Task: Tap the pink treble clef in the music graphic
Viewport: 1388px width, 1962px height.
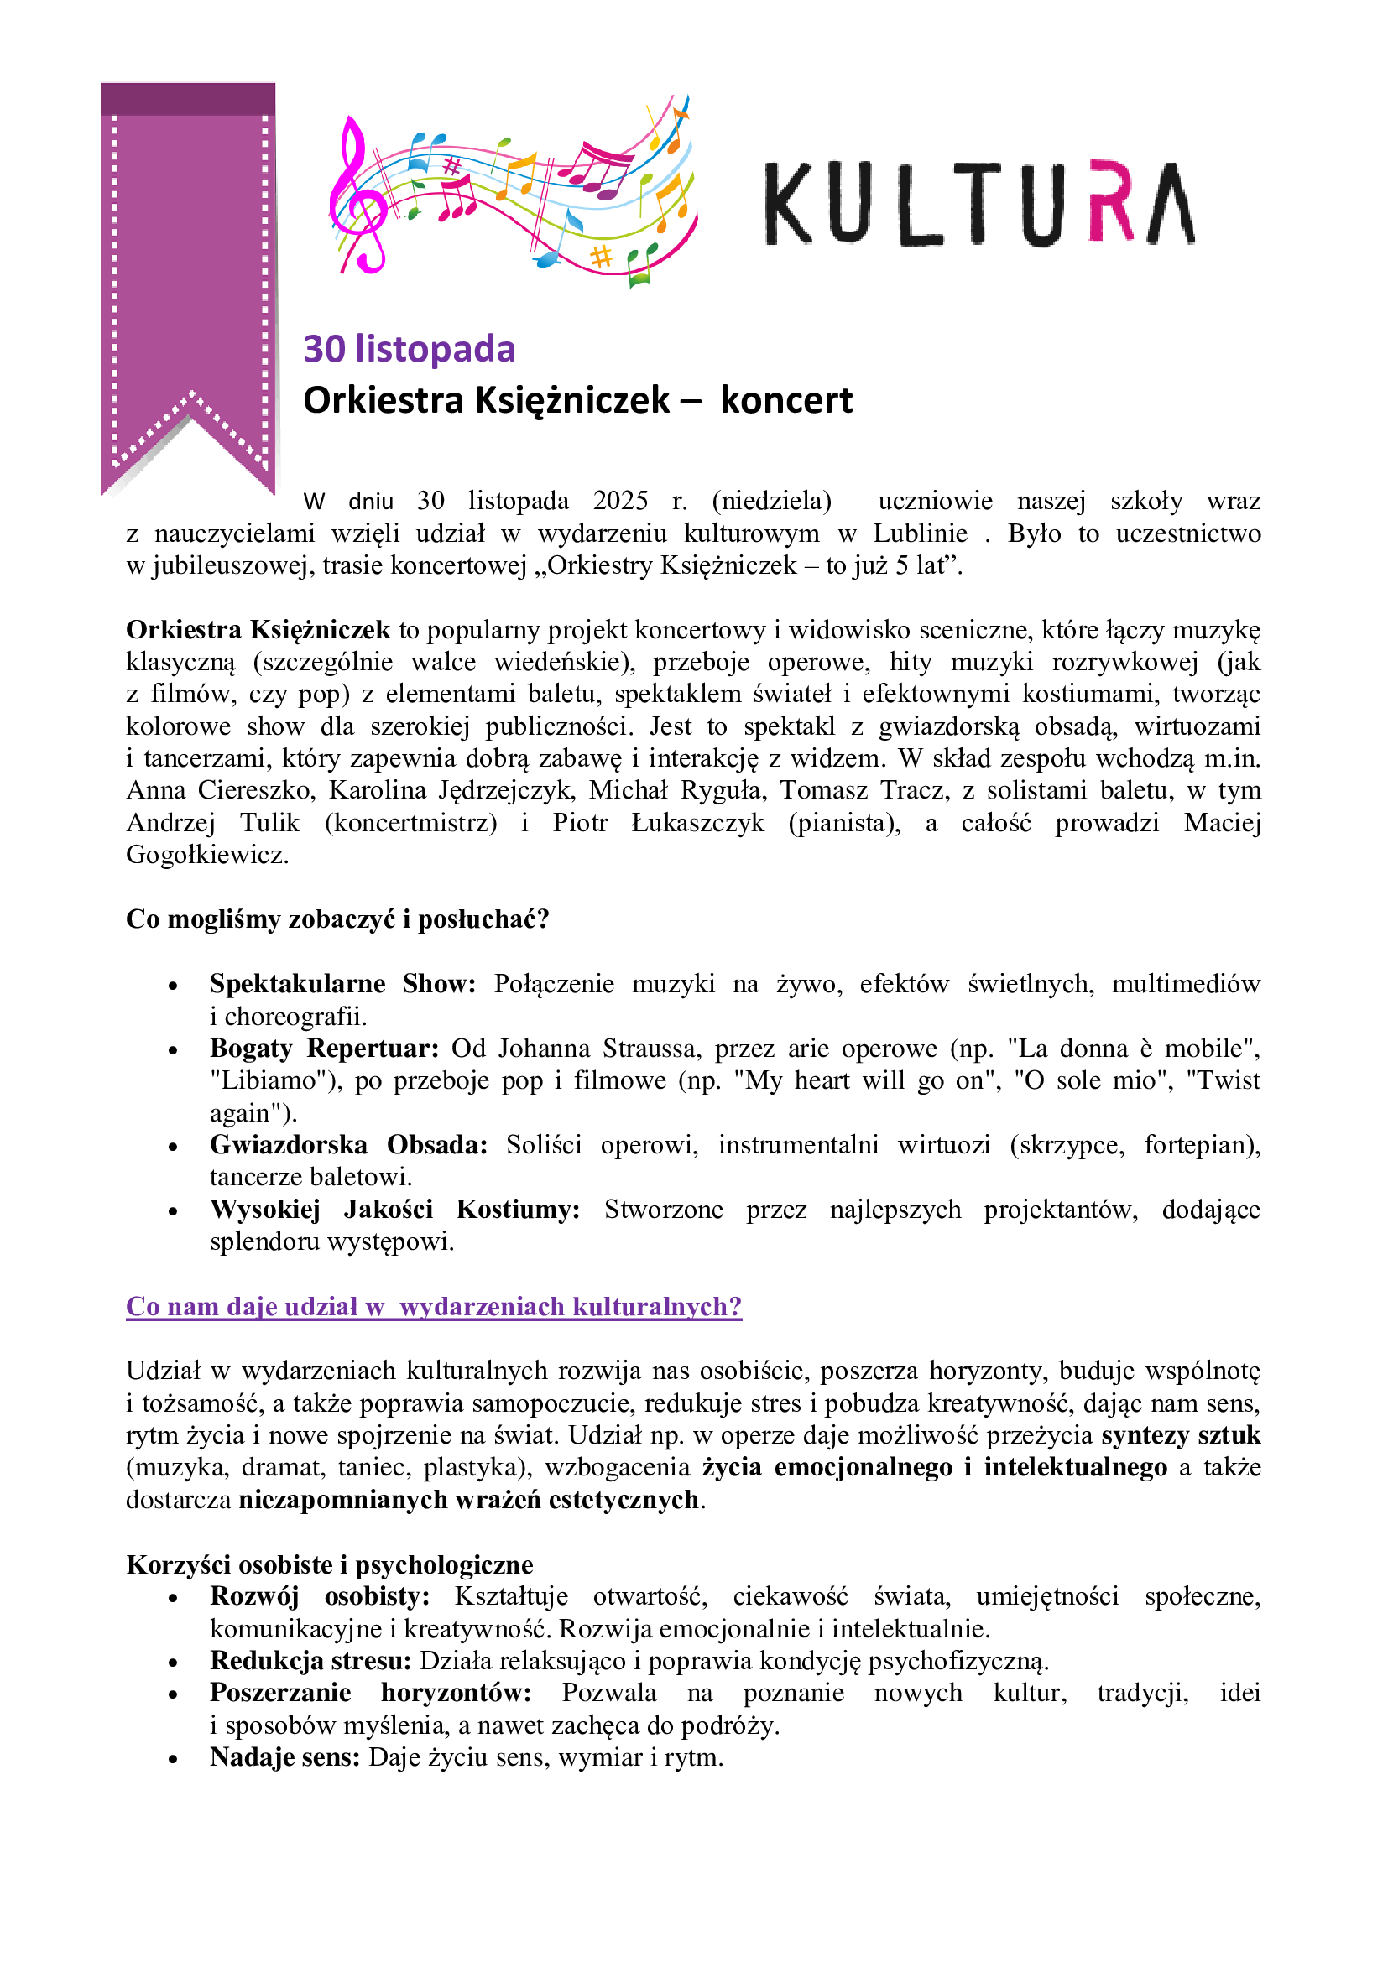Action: (357, 196)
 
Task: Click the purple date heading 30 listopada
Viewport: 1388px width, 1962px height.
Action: (410, 349)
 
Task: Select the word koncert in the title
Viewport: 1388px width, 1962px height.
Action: (785, 400)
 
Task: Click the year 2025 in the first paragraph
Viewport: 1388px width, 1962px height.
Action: (620, 501)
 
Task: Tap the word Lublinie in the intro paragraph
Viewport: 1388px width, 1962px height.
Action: (920, 533)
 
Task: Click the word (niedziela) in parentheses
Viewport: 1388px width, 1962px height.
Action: (771, 501)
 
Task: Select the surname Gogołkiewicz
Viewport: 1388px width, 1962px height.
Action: (206, 855)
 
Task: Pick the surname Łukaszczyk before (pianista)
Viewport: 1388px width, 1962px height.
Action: (697, 823)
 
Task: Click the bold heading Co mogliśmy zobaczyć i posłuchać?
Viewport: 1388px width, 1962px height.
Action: (337, 919)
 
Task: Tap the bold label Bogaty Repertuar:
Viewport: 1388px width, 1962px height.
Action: (324, 1049)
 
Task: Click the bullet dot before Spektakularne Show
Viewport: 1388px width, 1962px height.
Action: (174, 986)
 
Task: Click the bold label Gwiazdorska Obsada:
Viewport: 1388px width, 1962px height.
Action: (348, 1145)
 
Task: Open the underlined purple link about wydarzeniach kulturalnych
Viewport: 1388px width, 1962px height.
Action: (433, 1307)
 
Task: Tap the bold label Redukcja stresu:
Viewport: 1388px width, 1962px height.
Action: (310, 1661)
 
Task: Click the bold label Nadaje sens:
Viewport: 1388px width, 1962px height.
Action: (284, 1758)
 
